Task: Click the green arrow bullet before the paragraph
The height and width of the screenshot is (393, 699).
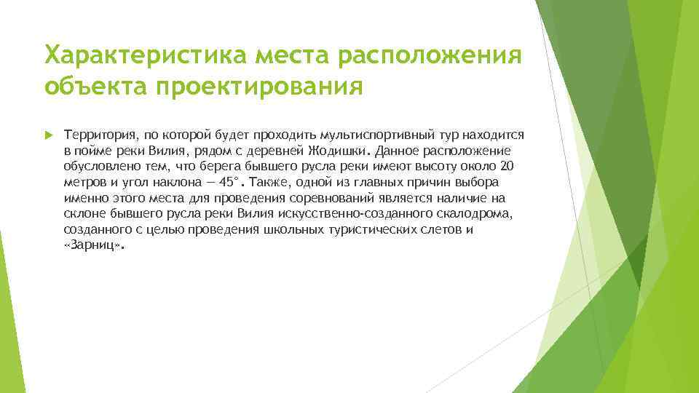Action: [49, 136]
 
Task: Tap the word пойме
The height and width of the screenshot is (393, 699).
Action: [92, 151]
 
